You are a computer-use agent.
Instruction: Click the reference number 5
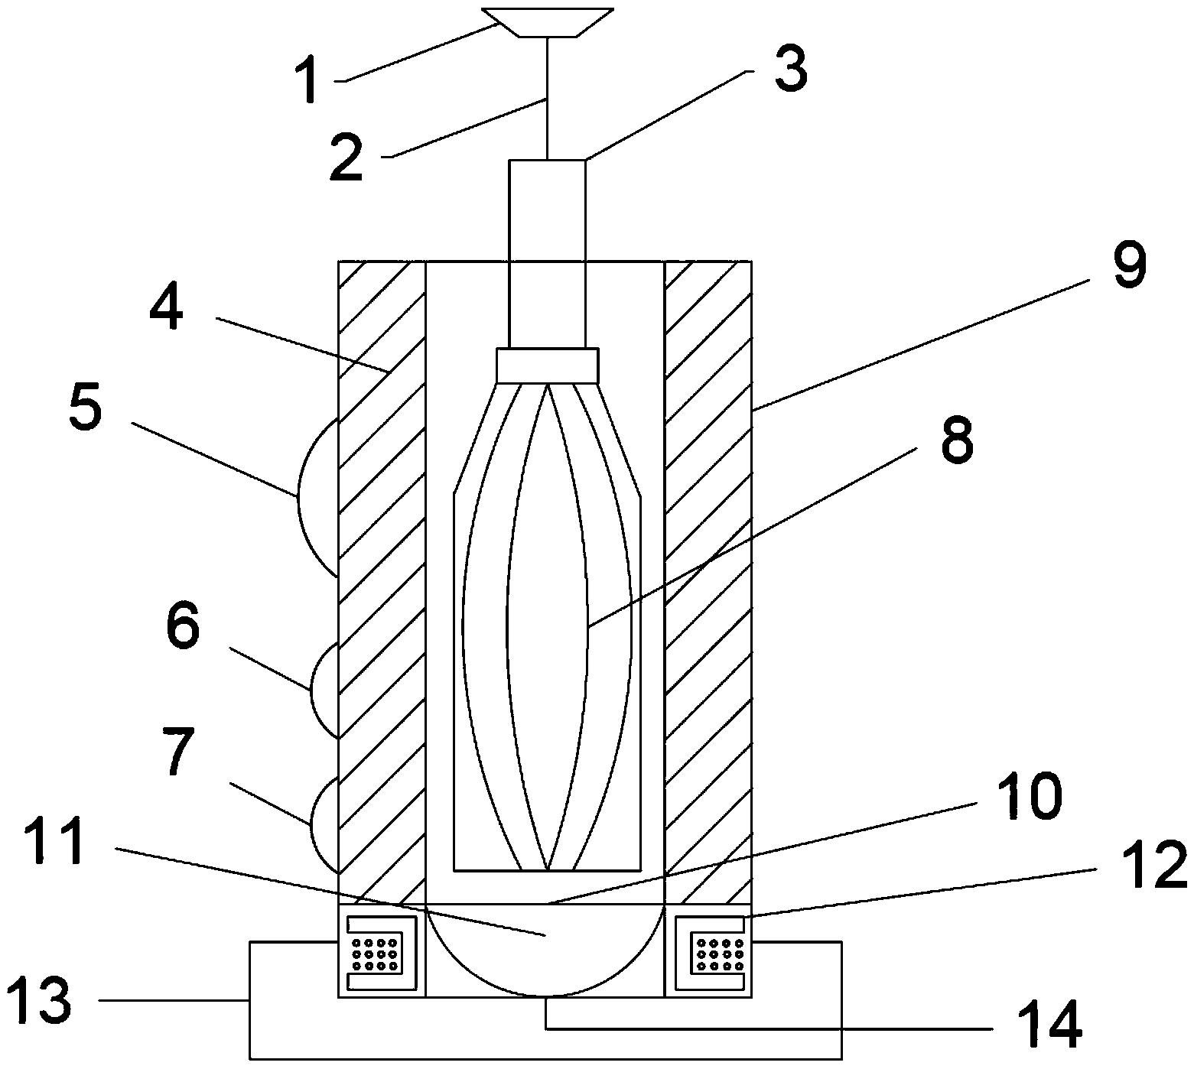click(x=84, y=408)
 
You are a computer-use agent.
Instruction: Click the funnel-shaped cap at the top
click(x=548, y=22)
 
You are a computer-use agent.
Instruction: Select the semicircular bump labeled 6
click(x=324, y=690)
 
